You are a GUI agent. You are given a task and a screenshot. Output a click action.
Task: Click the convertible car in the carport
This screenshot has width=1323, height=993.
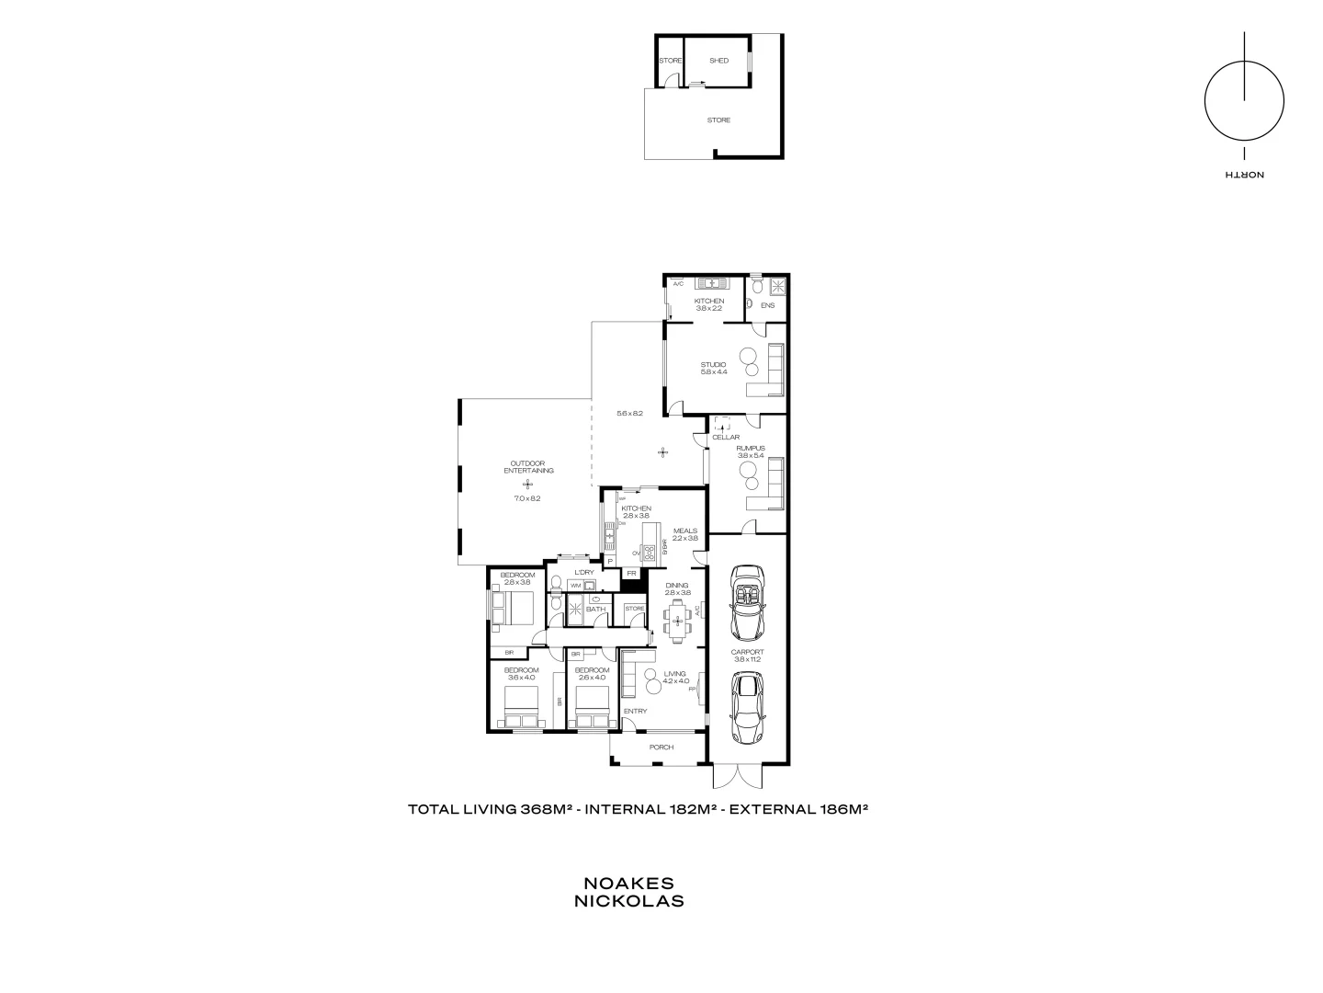pos(747,603)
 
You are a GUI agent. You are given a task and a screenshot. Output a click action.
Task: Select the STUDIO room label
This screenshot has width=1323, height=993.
pos(714,365)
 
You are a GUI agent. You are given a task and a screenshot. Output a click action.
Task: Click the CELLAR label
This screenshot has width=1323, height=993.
pos(726,438)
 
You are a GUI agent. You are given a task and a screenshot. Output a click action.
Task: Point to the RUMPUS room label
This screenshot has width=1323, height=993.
pos(751,448)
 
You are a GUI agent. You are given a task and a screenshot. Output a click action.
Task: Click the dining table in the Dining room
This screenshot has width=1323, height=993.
pos(678,622)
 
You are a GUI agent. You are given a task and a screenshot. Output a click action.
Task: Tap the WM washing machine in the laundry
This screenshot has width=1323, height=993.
pos(575,586)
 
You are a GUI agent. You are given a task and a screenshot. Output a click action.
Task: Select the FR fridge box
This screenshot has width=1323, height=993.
pos(631,574)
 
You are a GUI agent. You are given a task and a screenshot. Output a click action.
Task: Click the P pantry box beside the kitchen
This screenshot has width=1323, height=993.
pos(609,562)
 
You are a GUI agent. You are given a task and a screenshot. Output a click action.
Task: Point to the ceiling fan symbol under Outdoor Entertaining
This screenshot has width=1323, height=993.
pos(527,485)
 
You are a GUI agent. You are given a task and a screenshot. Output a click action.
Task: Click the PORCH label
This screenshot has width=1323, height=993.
pos(661,748)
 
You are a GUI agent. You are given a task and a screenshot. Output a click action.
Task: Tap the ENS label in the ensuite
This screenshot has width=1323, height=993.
pos(768,305)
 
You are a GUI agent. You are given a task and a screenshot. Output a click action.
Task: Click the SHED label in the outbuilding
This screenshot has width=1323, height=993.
pos(718,61)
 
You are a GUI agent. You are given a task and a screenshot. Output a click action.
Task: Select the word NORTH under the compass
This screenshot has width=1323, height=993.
pos(1244,175)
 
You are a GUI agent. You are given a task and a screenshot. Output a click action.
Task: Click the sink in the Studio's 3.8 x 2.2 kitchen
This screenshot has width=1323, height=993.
pos(710,283)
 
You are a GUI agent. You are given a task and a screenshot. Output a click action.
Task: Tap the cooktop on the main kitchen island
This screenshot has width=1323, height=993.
pos(650,552)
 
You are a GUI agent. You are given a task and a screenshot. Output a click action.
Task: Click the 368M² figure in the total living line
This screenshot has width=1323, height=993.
pos(547,810)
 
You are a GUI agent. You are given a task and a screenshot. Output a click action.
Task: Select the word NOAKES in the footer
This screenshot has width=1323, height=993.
pos(629,883)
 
